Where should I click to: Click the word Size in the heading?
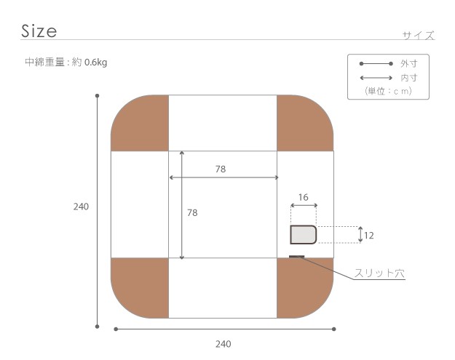(39, 31)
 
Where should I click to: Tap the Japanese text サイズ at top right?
(419, 36)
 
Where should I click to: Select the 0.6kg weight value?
(96, 63)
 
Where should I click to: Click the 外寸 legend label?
(409, 63)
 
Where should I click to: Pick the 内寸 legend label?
(409, 78)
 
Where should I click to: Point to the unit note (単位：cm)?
(388, 91)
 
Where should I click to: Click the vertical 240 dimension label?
(81, 207)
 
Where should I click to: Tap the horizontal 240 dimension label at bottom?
(223, 344)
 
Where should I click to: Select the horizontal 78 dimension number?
(221, 169)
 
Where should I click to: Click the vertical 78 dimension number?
(192, 213)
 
